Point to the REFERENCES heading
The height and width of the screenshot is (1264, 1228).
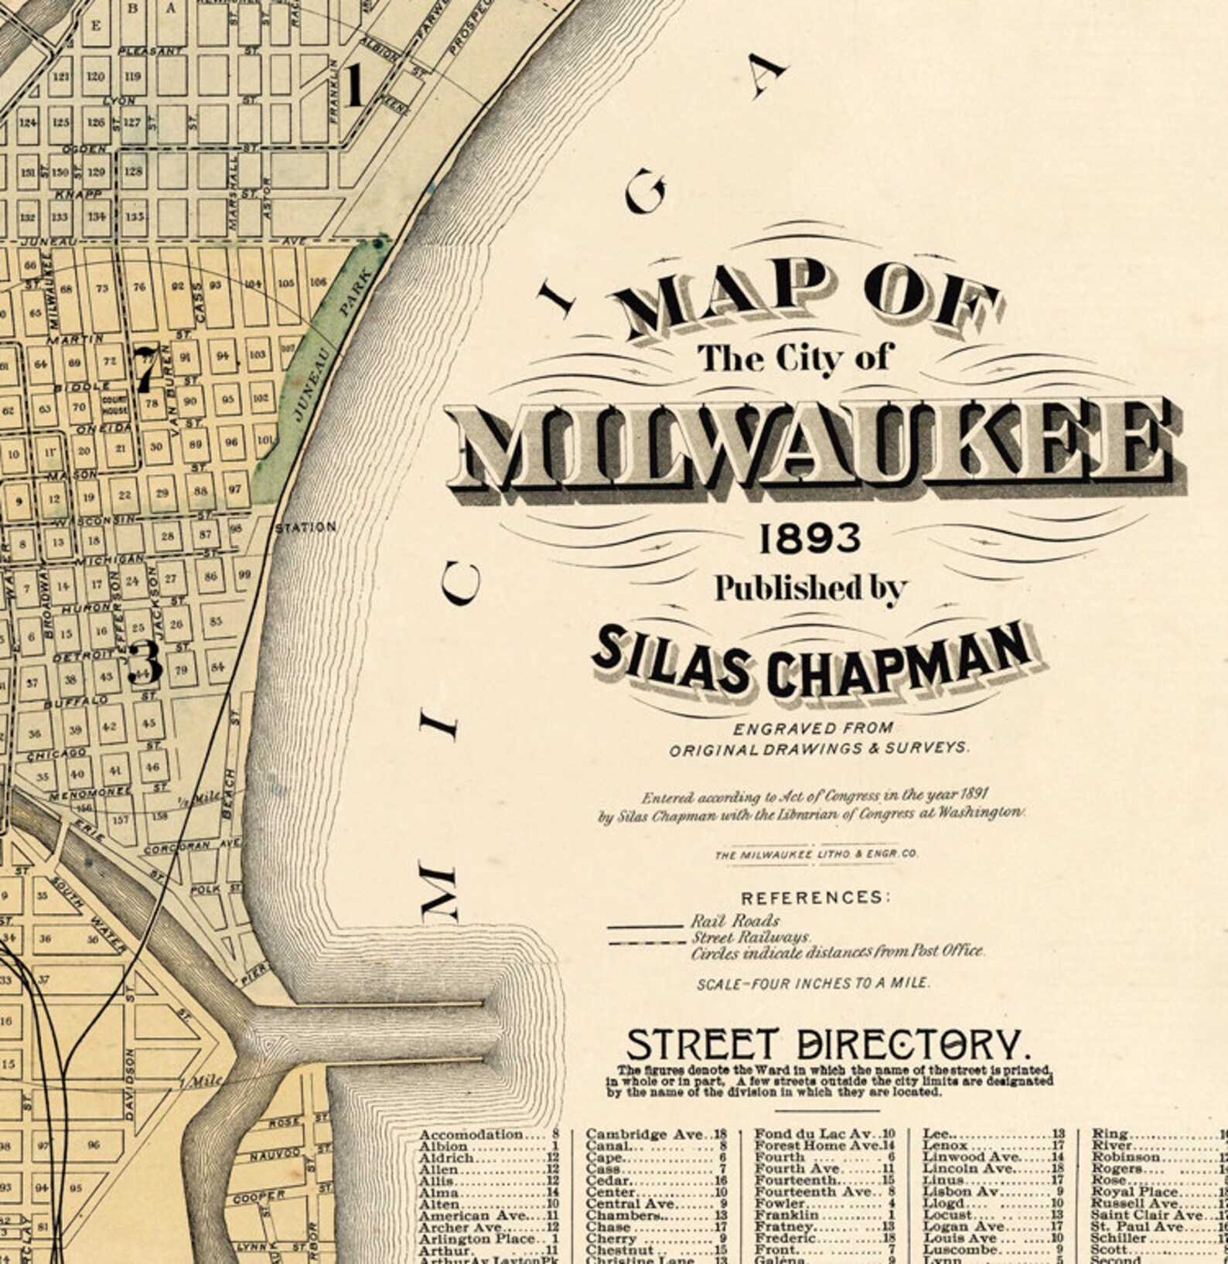(x=816, y=898)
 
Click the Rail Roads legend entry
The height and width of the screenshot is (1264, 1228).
(x=735, y=921)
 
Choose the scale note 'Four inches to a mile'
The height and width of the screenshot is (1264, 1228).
(x=814, y=984)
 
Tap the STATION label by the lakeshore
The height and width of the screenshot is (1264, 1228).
(x=306, y=528)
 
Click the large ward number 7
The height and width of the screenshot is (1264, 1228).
(x=145, y=369)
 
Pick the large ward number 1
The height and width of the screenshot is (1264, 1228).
(x=355, y=85)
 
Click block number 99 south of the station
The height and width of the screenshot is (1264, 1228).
(x=244, y=574)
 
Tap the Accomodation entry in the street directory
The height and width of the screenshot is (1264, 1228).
(x=472, y=1134)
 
